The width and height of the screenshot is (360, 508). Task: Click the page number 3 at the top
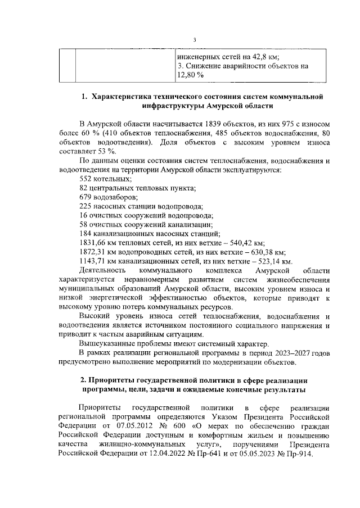(193, 39)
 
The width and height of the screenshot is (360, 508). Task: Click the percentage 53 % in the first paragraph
(107, 151)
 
